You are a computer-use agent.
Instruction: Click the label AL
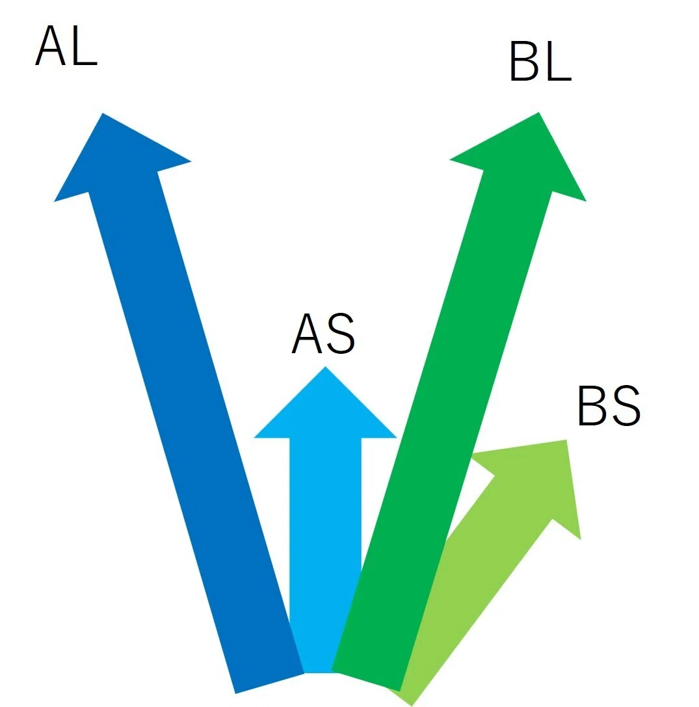coord(66,45)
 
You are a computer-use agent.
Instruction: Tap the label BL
coord(540,61)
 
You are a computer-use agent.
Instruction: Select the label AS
coord(324,334)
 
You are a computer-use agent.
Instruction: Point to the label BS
coord(609,405)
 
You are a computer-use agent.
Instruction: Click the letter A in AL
coord(51,45)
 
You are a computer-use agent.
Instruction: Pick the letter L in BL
coord(557,61)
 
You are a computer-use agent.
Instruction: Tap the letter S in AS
coord(341,334)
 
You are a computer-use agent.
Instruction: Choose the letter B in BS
coord(592,405)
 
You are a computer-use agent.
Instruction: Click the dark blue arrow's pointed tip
coord(103,113)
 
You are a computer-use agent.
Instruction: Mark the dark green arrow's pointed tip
coord(538,113)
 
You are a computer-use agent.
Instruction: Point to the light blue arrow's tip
coord(325,367)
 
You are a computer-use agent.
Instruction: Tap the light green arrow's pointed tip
coord(566,440)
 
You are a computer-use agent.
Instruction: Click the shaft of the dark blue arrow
coord(196,432)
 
